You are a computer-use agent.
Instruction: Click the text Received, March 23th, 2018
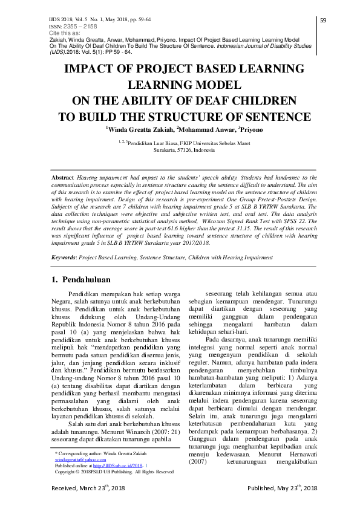click(88, 505)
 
